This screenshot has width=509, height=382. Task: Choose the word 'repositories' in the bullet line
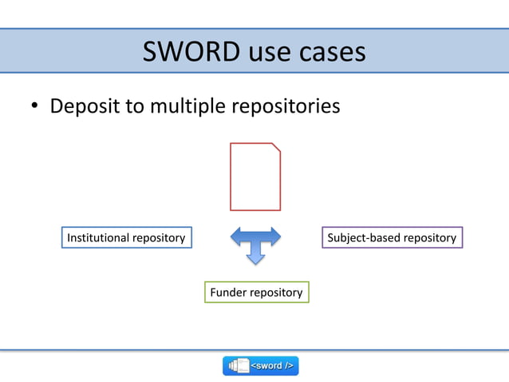coord(286,105)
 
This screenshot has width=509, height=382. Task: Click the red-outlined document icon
coord(254,177)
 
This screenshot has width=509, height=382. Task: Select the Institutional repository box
coord(126,237)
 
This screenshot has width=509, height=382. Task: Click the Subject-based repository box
coord(392,237)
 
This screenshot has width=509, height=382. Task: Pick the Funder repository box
coord(256,292)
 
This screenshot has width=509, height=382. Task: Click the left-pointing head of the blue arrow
coord(235,237)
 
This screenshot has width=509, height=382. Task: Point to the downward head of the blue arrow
coord(255,257)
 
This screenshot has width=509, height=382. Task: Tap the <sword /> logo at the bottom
coord(260,365)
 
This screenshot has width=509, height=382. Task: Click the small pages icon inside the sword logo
coord(239,365)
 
